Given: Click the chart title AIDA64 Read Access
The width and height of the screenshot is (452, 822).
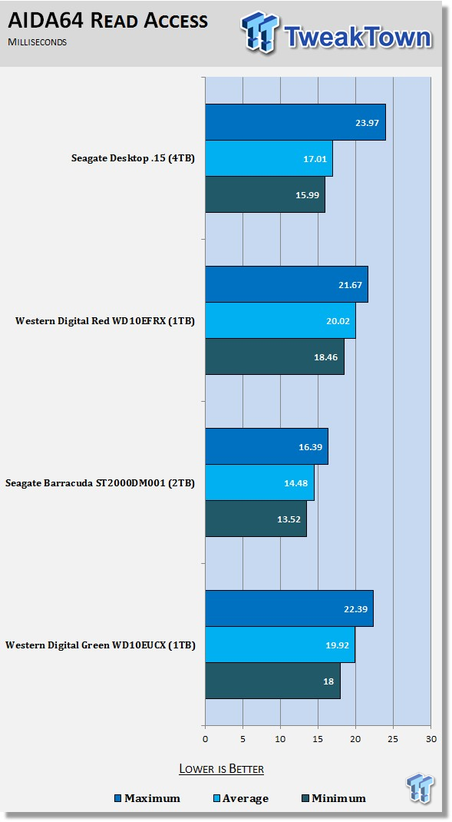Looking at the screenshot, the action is click(108, 21).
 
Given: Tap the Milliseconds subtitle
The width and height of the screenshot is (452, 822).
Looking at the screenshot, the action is click(37, 42).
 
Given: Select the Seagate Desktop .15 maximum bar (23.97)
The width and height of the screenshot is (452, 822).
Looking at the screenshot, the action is click(295, 122).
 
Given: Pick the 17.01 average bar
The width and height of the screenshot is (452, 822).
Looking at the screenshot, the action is click(269, 158).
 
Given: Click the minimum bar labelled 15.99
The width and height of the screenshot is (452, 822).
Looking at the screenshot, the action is click(265, 194).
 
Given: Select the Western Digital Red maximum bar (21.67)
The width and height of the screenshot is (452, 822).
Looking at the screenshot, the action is click(286, 284).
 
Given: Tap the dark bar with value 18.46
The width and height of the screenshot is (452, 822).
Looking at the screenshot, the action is click(275, 356).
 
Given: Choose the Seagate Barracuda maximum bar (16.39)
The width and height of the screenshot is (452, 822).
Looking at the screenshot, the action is click(266, 446).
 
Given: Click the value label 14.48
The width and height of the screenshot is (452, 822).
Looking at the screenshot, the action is click(296, 482).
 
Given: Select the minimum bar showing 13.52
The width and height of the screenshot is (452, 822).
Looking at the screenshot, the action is click(256, 519).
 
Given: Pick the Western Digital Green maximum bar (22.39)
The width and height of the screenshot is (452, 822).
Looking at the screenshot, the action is click(289, 608).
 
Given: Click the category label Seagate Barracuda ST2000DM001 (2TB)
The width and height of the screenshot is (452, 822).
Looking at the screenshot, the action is click(100, 482).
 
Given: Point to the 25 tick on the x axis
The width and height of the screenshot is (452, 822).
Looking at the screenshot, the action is click(394, 739).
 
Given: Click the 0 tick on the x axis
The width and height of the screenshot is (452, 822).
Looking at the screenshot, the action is click(206, 739).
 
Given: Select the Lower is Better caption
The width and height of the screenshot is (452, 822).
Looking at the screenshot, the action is click(222, 768).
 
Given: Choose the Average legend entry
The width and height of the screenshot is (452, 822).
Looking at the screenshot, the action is click(240, 798).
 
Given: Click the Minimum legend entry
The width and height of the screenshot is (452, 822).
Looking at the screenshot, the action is click(334, 798).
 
